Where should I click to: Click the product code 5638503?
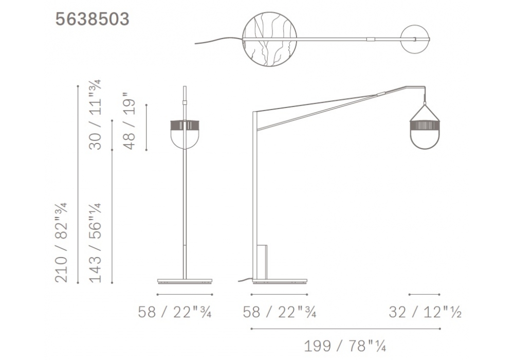[x=92, y=19]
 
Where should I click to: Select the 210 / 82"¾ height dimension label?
[x=61, y=242]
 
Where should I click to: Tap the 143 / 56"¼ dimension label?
[x=96, y=243]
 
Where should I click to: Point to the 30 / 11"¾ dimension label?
[x=96, y=115]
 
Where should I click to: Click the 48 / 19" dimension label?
[x=130, y=121]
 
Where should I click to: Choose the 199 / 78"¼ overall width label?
[x=345, y=346]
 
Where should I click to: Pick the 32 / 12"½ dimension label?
[x=425, y=312]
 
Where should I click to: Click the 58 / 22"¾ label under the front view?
[x=175, y=312]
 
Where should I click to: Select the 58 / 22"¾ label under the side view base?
[x=280, y=312]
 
